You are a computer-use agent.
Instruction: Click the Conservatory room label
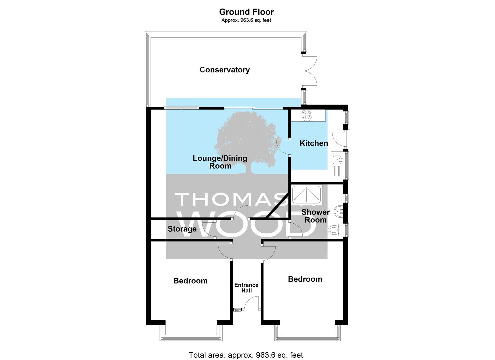point(225,70)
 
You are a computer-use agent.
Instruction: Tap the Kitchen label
point(314,143)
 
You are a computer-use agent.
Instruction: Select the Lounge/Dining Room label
point(220,162)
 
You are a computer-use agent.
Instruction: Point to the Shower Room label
point(315,216)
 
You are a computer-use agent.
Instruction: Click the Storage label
point(182,229)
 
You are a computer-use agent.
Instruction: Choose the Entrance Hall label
point(246,288)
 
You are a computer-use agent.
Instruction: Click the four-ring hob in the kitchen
point(307,115)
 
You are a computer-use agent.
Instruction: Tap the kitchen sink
point(337,165)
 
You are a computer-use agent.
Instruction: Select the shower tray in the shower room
point(306,194)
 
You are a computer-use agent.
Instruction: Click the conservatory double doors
point(310,71)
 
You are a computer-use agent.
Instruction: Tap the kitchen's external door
point(340,139)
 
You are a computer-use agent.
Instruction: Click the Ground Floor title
point(246,12)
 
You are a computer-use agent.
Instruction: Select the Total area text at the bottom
point(246,349)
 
